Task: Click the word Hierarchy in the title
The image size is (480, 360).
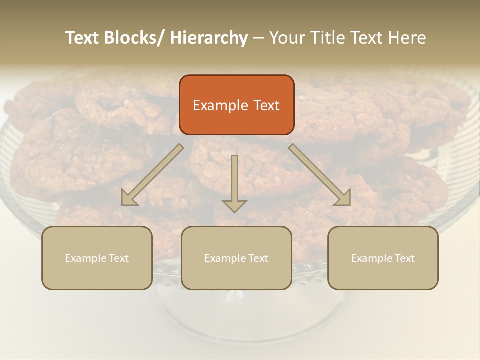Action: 209,38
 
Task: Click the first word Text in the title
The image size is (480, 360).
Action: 82,38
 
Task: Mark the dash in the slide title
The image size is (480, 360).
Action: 258,38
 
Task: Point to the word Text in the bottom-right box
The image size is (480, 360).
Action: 404,258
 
